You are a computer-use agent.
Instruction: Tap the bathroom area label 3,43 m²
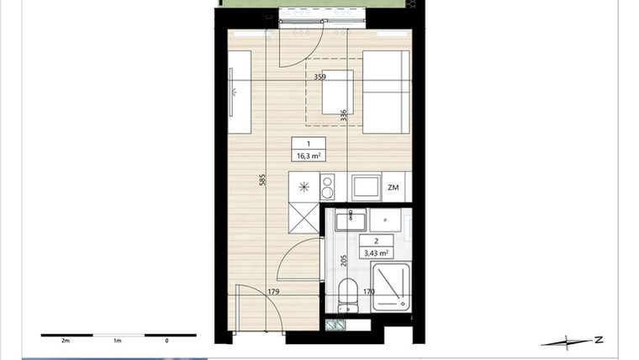pyautogui.click(x=374, y=251)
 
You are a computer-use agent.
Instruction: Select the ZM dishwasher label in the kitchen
pyautogui.click(x=393, y=187)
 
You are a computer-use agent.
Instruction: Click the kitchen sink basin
pyautogui.click(x=365, y=186)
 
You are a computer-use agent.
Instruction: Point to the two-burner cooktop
pyautogui.click(x=329, y=186)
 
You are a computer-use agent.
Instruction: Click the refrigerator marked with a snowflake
pyautogui.click(x=304, y=187)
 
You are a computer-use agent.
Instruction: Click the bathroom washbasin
pyautogui.click(x=347, y=221)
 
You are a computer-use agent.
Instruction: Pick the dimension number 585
pyautogui.click(x=262, y=180)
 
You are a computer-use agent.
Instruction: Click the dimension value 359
pyautogui.click(x=319, y=77)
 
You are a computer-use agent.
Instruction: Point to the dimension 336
pyautogui.click(x=343, y=117)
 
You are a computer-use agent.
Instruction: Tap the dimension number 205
pyautogui.click(x=343, y=261)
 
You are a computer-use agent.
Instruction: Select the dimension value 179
pyautogui.click(x=273, y=292)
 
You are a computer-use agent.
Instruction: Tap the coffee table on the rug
pyautogui.click(x=338, y=91)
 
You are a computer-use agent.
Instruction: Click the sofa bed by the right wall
pyautogui.click(x=386, y=88)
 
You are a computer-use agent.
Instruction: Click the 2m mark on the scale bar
pyautogui.click(x=65, y=341)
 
